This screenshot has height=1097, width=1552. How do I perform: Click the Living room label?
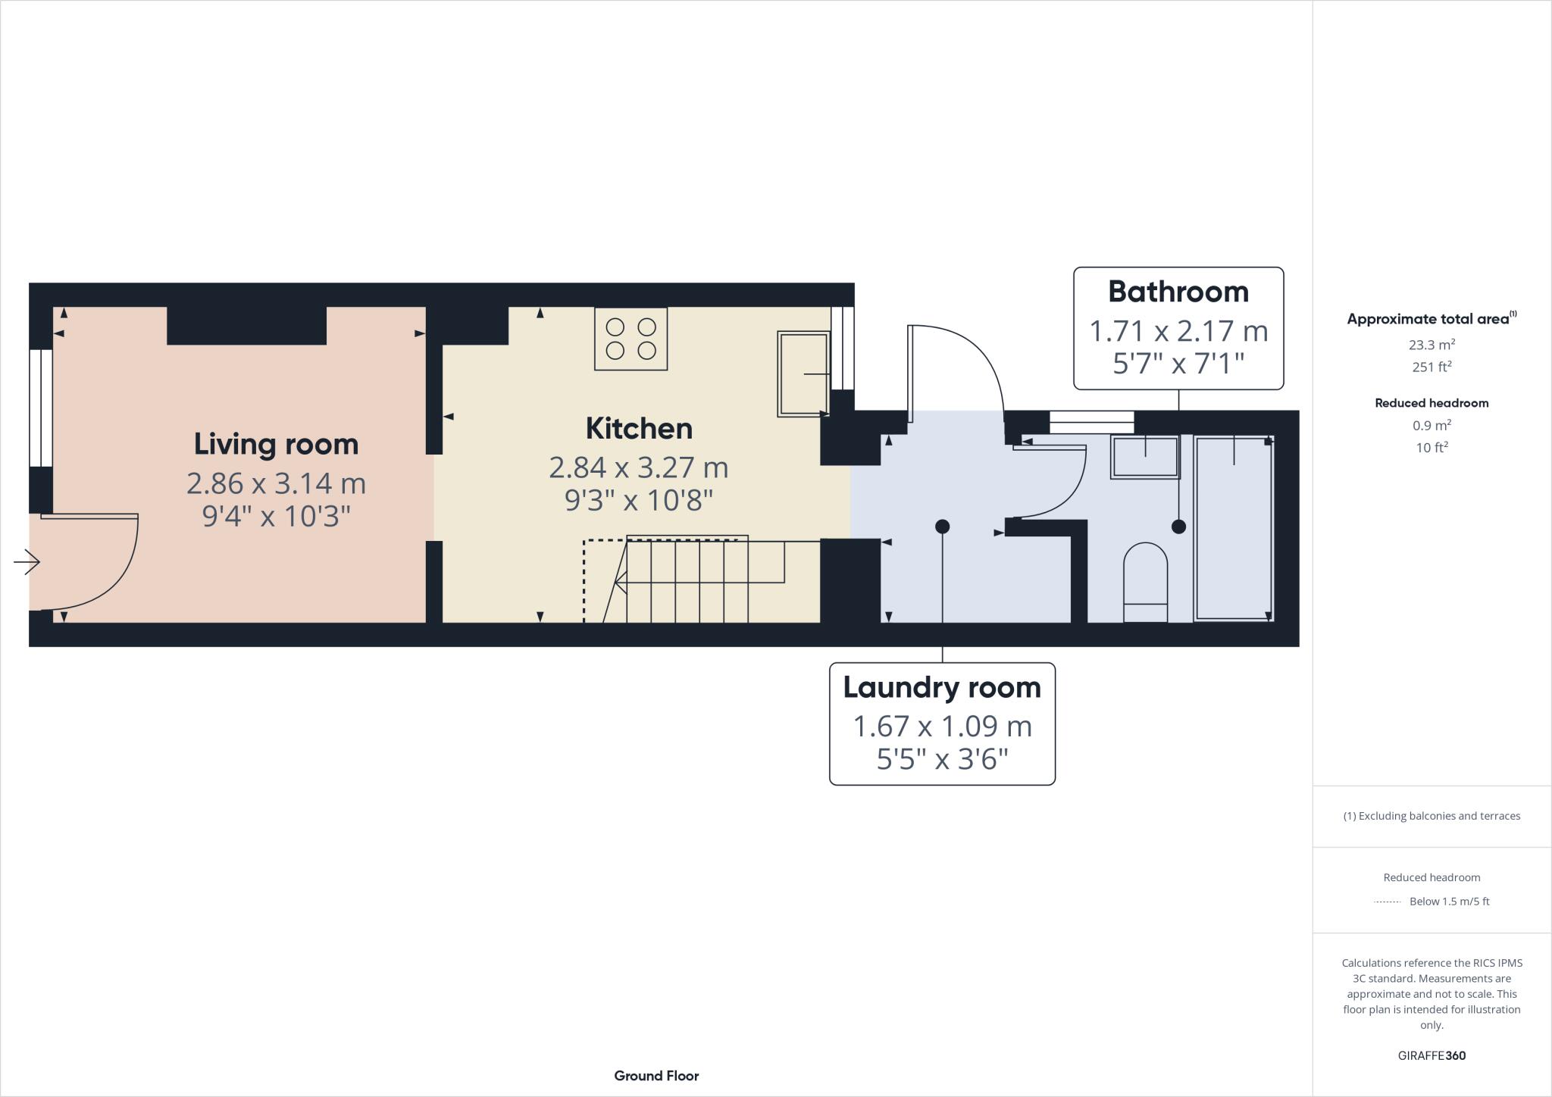coord(276,444)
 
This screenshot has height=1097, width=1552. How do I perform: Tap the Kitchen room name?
coord(639,429)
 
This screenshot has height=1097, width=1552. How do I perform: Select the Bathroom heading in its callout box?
coord(1178,292)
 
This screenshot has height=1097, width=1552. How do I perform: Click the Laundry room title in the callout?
coord(942,688)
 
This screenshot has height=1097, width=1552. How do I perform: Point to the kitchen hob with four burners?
coord(630,339)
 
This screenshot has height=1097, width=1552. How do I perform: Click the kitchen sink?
coord(803,373)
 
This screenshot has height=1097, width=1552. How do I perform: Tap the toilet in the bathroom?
coord(1145,583)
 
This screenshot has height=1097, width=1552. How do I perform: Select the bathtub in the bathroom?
coord(1234,529)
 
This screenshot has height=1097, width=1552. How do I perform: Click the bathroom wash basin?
coord(1145,457)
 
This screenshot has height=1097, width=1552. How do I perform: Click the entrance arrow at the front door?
coord(27,562)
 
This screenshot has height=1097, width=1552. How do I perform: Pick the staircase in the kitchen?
coord(683,580)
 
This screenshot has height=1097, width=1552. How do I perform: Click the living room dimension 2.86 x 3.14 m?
coord(276,483)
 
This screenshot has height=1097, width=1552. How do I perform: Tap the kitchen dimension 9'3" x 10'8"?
coord(639,501)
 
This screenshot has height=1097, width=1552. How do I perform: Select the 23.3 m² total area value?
coord(1432,345)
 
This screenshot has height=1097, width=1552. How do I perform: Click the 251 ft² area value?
coord(1432,367)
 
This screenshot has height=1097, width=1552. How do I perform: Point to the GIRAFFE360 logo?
coord(1432,1055)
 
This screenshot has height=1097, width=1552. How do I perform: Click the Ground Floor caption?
coord(656,1076)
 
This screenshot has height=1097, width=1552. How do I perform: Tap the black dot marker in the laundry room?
coord(942,526)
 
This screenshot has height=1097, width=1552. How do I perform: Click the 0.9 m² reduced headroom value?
coord(1432,425)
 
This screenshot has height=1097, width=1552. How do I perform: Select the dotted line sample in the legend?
coord(1387,902)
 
